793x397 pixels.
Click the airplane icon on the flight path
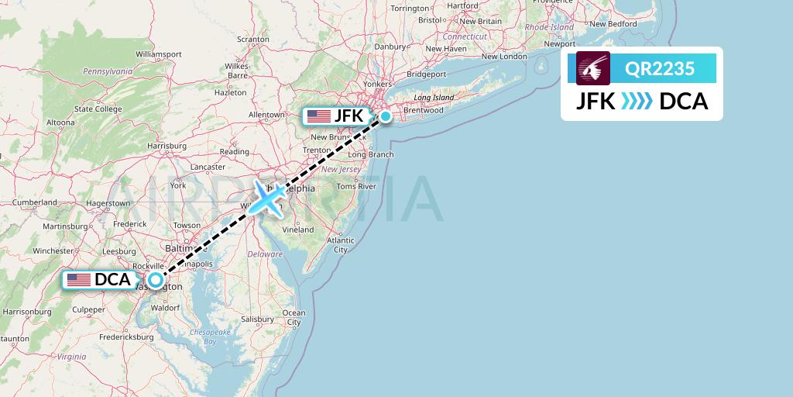[x=267, y=199]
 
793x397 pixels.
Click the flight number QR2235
[x=660, y=68]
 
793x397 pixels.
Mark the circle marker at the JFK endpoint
[x=385, y=117]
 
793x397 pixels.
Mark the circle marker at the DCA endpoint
[x=156, y=281]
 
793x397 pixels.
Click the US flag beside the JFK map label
[x=318, y=116]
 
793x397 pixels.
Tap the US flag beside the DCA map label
[x=78, y=280]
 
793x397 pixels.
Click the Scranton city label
[x=252, y=39]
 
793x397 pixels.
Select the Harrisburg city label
[x=167, y=145]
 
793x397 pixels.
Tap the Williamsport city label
[x=158, y=54]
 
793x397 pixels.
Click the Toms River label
[x=356, y=186]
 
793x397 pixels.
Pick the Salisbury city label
[x=258, y=319]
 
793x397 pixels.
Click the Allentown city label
[x=266, y=115]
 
